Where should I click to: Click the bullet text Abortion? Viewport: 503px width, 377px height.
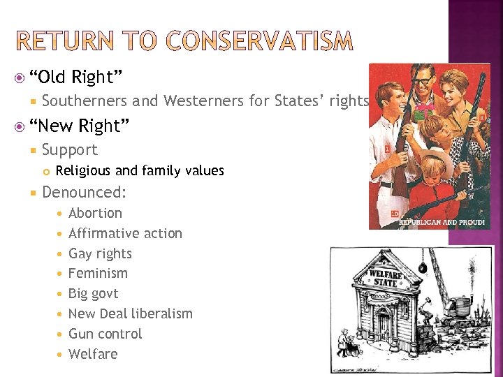click(95, 213)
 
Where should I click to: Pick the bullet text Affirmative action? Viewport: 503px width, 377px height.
click(125, 233)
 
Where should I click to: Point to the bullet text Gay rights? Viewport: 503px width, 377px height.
click(100, 253)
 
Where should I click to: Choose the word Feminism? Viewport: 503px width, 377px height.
click(98, 273)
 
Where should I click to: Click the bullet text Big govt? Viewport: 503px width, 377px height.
click(93, 293)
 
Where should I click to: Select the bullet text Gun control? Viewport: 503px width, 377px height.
click(105, 334)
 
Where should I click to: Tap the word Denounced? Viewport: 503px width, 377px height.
click(84, 192)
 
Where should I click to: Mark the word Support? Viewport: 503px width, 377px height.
click(70, 149)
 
